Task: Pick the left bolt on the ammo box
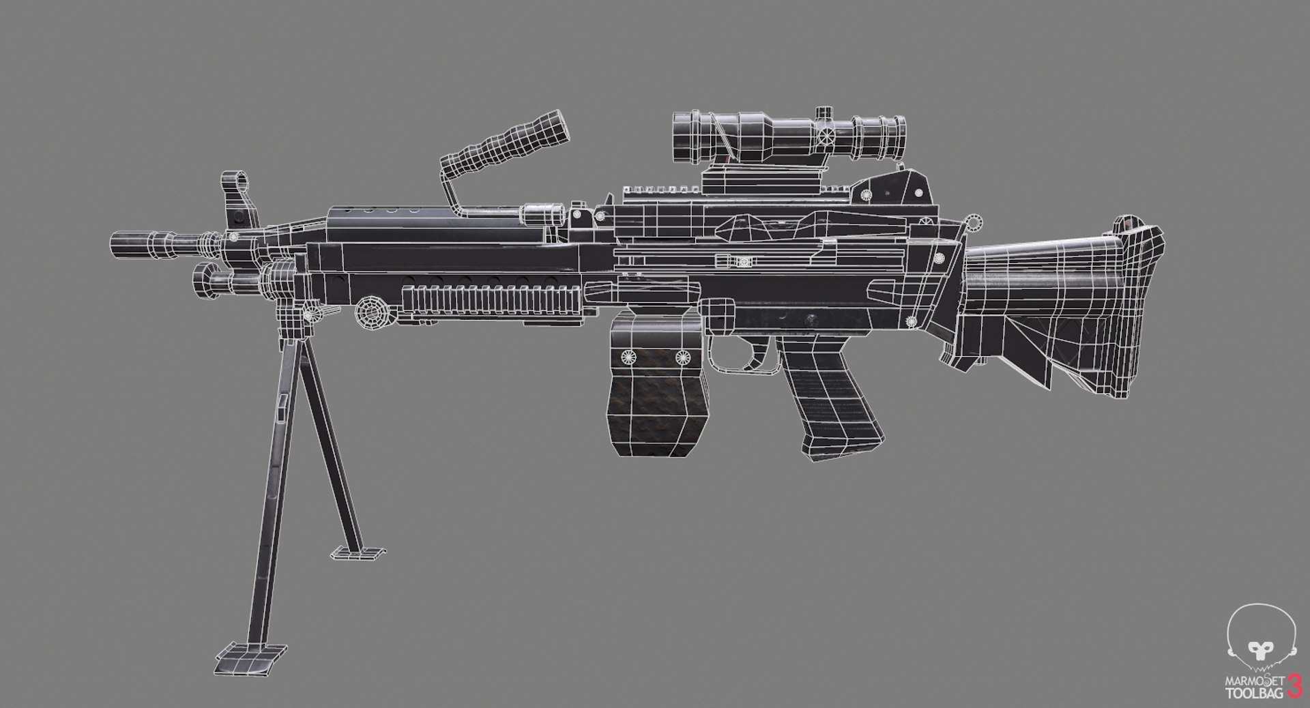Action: [x=626, y=355]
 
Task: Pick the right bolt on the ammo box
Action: [x=681, y=357]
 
